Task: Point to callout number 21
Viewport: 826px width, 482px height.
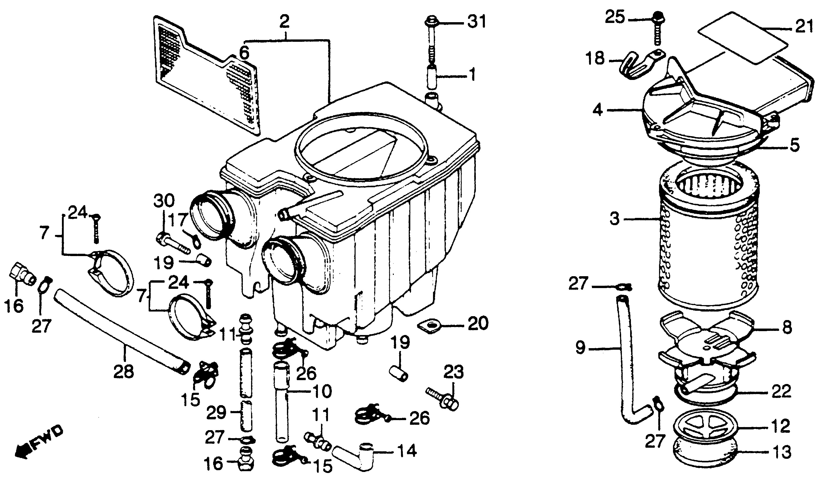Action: (804, 27)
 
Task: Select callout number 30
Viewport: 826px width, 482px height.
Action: (164, 201)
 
